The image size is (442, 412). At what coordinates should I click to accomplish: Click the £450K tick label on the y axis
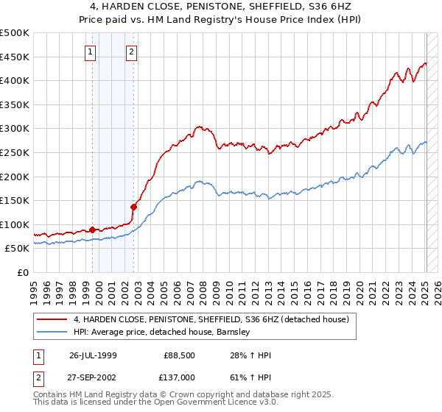[x=15, y=57]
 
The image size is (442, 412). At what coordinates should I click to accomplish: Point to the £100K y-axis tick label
[x=15, y=224]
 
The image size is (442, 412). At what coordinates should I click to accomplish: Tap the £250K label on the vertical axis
[x=15, y=152]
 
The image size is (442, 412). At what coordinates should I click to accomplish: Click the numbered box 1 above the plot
[x=90, y=51]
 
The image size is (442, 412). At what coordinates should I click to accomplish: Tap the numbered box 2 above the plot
[x=131, y=51]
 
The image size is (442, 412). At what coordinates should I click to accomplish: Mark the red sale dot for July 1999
[x=92, y=230]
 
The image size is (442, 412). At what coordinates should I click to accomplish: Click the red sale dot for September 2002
[x=134, y=207]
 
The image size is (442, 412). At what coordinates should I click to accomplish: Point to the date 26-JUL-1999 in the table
[x=93, y=355]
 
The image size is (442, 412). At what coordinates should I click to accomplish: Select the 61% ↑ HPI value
[x=251, y=377]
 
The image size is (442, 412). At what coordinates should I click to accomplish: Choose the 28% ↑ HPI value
[x=251, y=355]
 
